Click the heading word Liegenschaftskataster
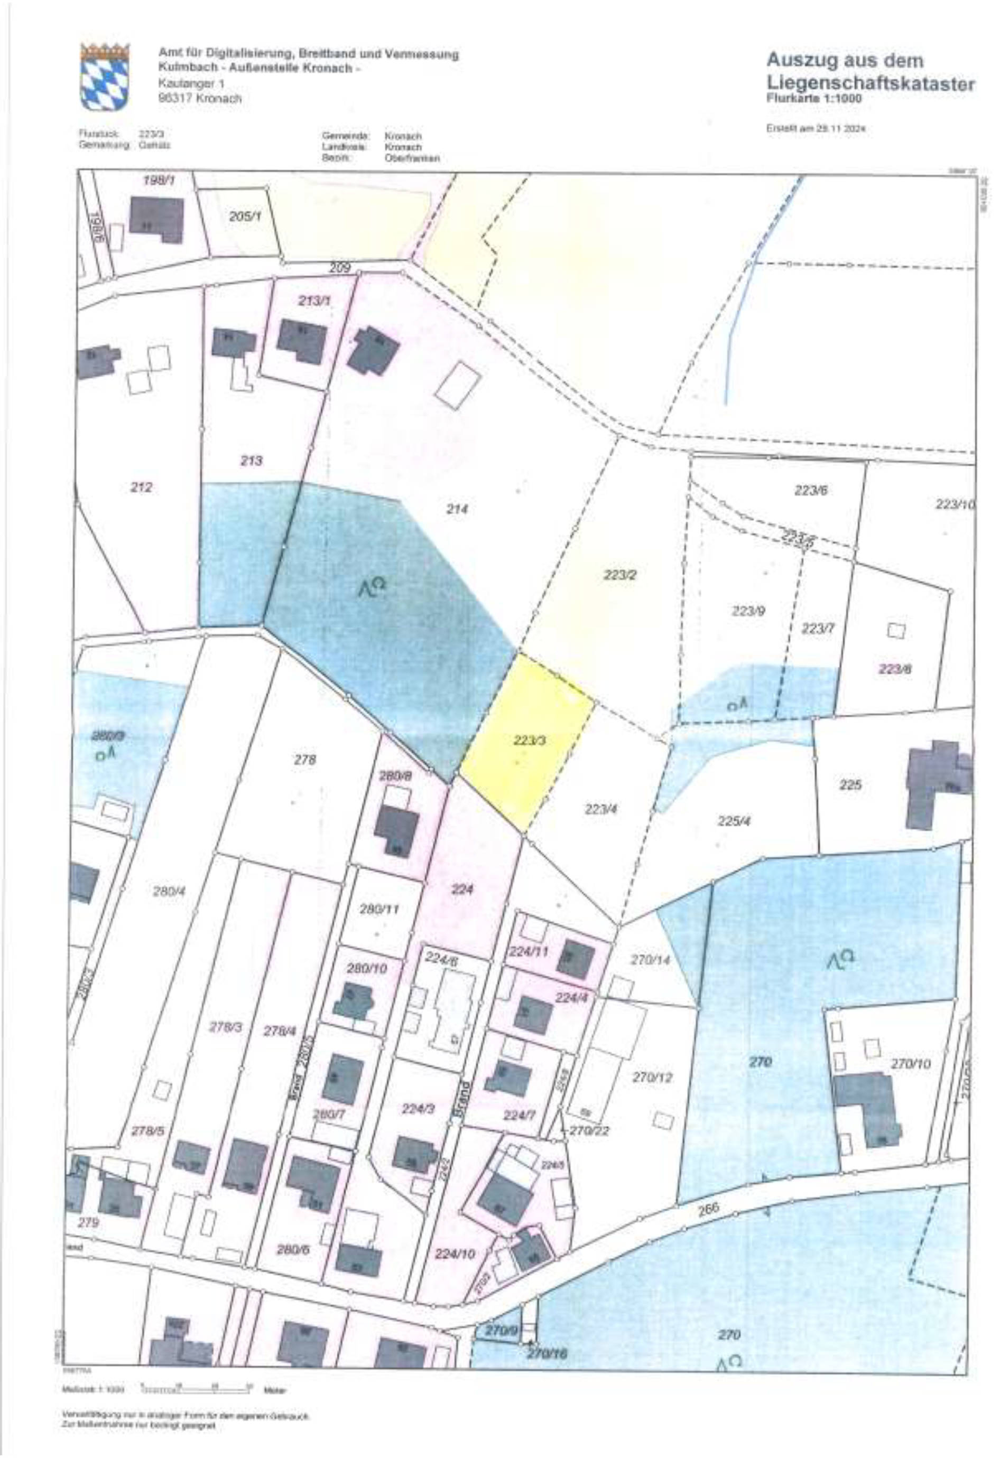871,83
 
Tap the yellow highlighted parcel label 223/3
529,741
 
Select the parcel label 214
457,510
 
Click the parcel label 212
142,487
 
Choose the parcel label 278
305,760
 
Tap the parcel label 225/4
734,821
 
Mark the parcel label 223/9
748,611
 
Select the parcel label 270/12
652,1077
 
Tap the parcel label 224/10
455,1254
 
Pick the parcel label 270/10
910,1064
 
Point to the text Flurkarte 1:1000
814,99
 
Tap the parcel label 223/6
810,491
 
